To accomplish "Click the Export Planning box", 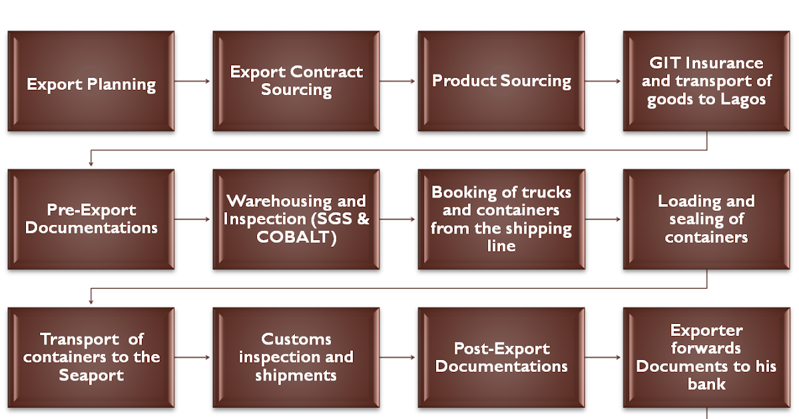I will pyautogui.click(x=91, y=80).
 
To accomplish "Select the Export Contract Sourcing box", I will pyautogui.click(x=296, y=80).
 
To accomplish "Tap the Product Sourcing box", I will pyautogui.click(x=501, y=80).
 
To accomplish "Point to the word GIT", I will pyautogui.click(x=665, y=63).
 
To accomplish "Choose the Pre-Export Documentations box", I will pyautogui.click(x=91, y=219).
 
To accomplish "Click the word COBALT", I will pyautogui.click(x=292, y=237).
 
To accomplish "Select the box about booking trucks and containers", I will pyautogui.click(x=501, y=219).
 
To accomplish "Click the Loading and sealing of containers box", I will pyautogui.click(x=706, y=219).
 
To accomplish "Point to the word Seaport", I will pyautogui.click(x=91, y=375).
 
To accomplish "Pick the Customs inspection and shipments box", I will pyautogui.click(x=296, y=357).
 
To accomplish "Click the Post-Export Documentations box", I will pyautogui.click(x=501, y=357).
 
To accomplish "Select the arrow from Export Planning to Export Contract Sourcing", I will pyautogui.click(x=193, y=81).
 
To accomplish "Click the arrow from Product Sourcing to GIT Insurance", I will pyautogui.click(x=603, y=81).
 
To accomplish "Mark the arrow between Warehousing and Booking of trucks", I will pyautogui.click(x=398, y=219).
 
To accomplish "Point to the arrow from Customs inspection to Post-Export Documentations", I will pyautogui.click(x=398, y=357).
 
